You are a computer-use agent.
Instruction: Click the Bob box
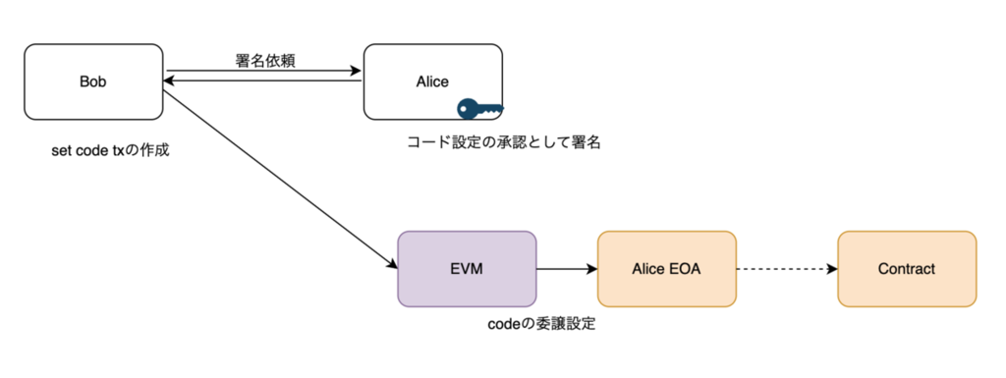93,81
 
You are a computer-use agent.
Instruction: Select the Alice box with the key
433,81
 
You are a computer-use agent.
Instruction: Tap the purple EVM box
467,269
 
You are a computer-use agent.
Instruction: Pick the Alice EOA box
667,269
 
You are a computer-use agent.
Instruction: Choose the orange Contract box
907,269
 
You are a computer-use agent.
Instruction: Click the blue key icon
479,109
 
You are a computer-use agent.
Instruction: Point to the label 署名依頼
265,59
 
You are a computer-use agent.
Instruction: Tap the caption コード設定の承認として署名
504,142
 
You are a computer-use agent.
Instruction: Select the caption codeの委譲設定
541,324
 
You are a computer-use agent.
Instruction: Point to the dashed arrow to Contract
787,269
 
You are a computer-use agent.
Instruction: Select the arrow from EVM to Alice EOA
567,269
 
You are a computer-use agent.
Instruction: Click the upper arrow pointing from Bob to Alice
263,71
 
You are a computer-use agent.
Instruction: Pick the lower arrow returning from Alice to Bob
263,81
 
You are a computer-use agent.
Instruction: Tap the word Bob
93,82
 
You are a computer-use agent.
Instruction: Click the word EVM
467,269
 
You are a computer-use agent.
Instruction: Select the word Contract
907,269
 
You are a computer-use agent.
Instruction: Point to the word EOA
686,269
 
